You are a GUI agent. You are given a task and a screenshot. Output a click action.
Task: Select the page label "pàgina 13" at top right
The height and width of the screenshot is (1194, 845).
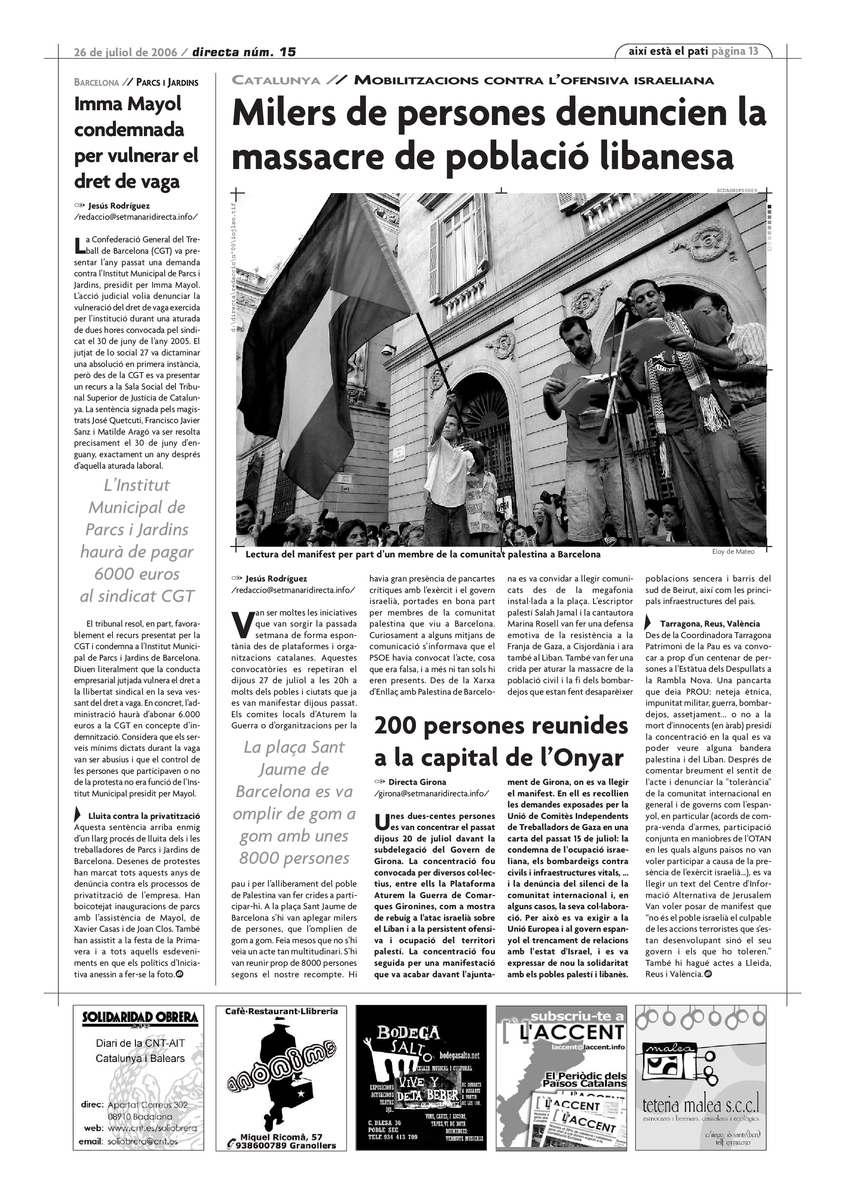[735, 51]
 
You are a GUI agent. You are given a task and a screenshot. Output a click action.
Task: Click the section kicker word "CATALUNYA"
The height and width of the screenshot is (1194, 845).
[275, 81]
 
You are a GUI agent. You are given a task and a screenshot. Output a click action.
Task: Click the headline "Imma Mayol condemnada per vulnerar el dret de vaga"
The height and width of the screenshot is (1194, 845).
[136, 142]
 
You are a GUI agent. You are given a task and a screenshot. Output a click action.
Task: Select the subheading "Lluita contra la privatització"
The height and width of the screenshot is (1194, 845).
[144, 816]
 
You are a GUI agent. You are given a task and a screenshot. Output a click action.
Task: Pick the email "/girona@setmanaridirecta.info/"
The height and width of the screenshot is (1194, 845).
[431, 793]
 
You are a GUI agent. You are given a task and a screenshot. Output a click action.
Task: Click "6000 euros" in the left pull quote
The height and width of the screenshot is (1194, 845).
[137, 574]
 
